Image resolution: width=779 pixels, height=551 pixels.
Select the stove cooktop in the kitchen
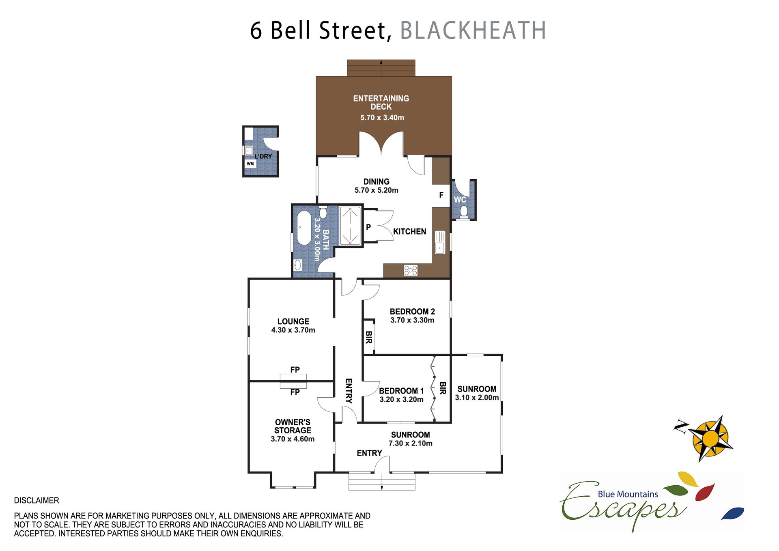point(411,270)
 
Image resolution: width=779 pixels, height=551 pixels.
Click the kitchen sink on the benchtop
point(440,242)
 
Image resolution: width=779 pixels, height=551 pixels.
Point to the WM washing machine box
point(250,164)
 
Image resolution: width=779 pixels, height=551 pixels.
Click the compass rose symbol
point(710,438)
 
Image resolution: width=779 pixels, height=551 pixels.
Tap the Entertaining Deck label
point(381,103)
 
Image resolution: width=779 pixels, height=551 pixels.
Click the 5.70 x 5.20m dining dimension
point(377,190)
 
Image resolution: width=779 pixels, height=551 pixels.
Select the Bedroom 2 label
point(412,312)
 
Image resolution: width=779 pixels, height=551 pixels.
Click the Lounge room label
point(293,321)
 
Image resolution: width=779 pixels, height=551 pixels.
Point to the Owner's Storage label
point(293,426)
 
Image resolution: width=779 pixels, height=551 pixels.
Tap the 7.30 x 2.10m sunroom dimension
point(411,443)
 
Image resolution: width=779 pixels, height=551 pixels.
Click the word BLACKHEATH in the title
point(473,30)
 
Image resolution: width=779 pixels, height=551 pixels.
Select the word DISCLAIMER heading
point(37,500)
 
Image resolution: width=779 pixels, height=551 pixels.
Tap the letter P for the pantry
point(368,227)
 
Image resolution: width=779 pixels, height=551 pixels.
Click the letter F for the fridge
point(441,195)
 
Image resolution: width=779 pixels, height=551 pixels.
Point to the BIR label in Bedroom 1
point(443,388)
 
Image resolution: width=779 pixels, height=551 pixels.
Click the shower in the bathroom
point(350,226)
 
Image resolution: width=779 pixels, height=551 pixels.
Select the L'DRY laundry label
point(263,156)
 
